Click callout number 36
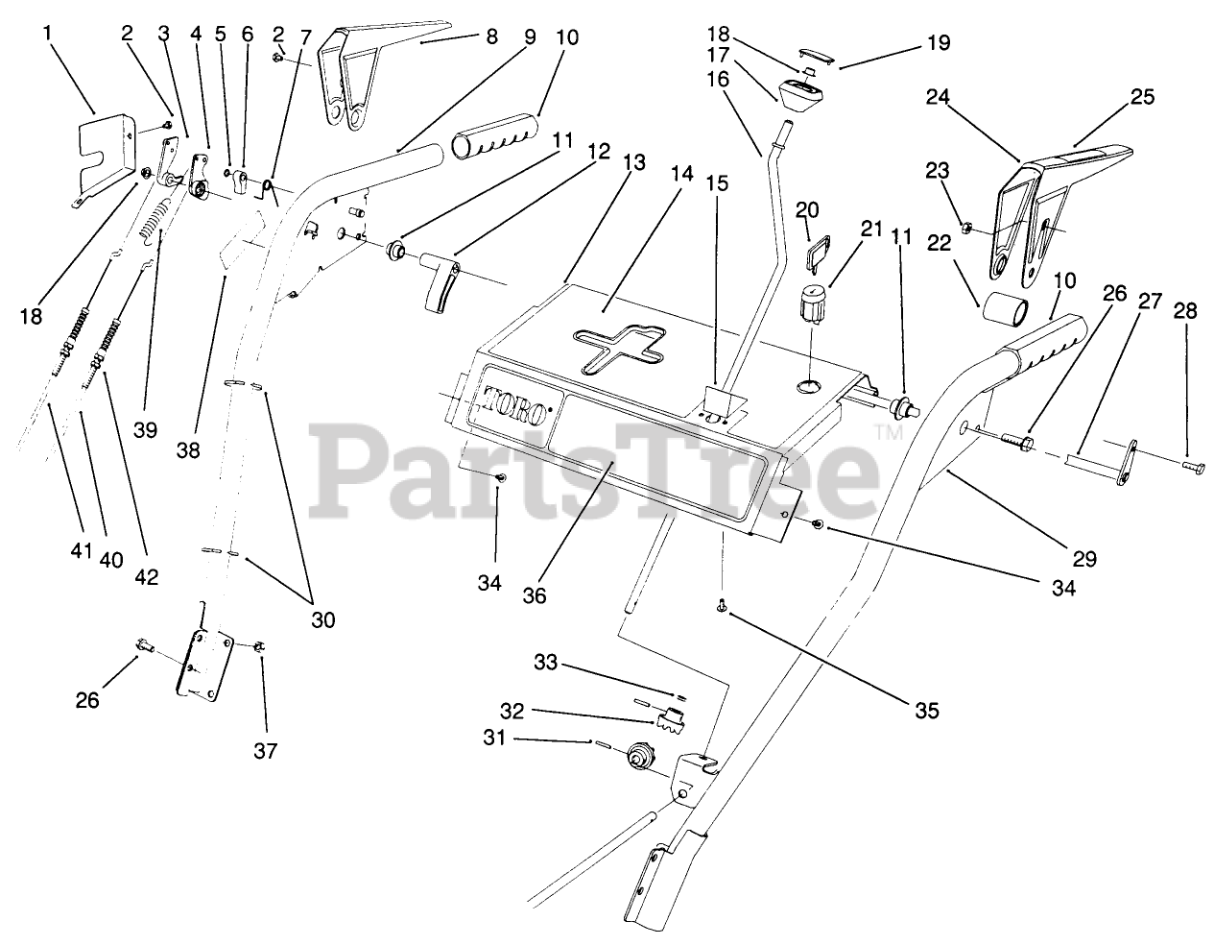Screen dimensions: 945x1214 coord(534,595)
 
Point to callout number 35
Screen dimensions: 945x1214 coord(925,711)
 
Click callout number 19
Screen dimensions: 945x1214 coord(938,42)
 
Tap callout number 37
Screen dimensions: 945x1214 coord(265,750)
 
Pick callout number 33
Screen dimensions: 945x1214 coord(545,662)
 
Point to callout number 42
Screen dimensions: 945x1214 coord(146,576)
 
